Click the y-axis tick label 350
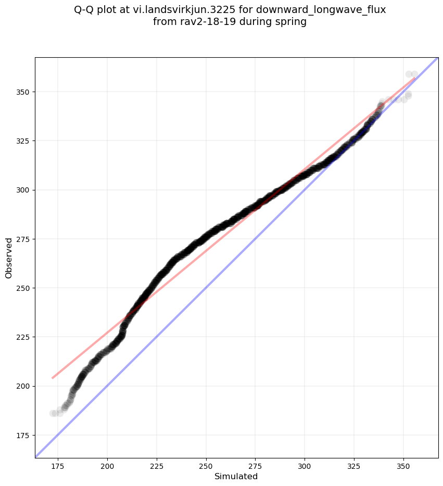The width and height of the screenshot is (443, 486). [23, 92]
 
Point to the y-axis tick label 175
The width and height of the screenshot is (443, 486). [23, 435]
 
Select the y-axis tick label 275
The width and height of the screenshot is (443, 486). [23, 239]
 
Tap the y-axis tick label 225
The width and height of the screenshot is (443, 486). [23, 337]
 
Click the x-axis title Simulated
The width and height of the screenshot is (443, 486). [236, 476]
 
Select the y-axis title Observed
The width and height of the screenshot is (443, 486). [9, 258]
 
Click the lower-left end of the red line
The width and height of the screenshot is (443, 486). [53, 378]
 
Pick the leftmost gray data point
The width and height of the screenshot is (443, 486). [53, 413]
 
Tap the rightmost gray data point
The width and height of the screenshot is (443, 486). [414, 74]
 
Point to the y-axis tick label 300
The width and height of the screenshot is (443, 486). [23, 190]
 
